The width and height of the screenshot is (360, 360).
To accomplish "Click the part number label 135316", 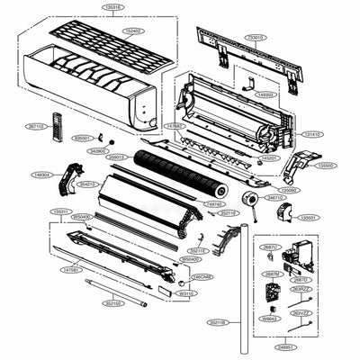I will pos(112,7).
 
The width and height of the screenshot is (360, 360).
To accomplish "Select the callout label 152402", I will pos(132,31).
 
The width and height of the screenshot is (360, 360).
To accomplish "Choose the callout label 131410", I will pos(313,134).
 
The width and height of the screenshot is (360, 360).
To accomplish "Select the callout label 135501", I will pos(308,218).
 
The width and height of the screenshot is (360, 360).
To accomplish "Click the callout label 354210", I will pos(87,184).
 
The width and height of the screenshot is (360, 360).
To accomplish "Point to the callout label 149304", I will pos(40,175).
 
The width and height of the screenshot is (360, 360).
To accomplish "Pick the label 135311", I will pos(59,211).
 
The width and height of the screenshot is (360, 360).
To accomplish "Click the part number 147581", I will pos(71,269).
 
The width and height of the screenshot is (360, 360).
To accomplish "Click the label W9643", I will pos(268,318).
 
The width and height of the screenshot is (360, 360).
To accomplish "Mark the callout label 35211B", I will pos(217,321).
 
